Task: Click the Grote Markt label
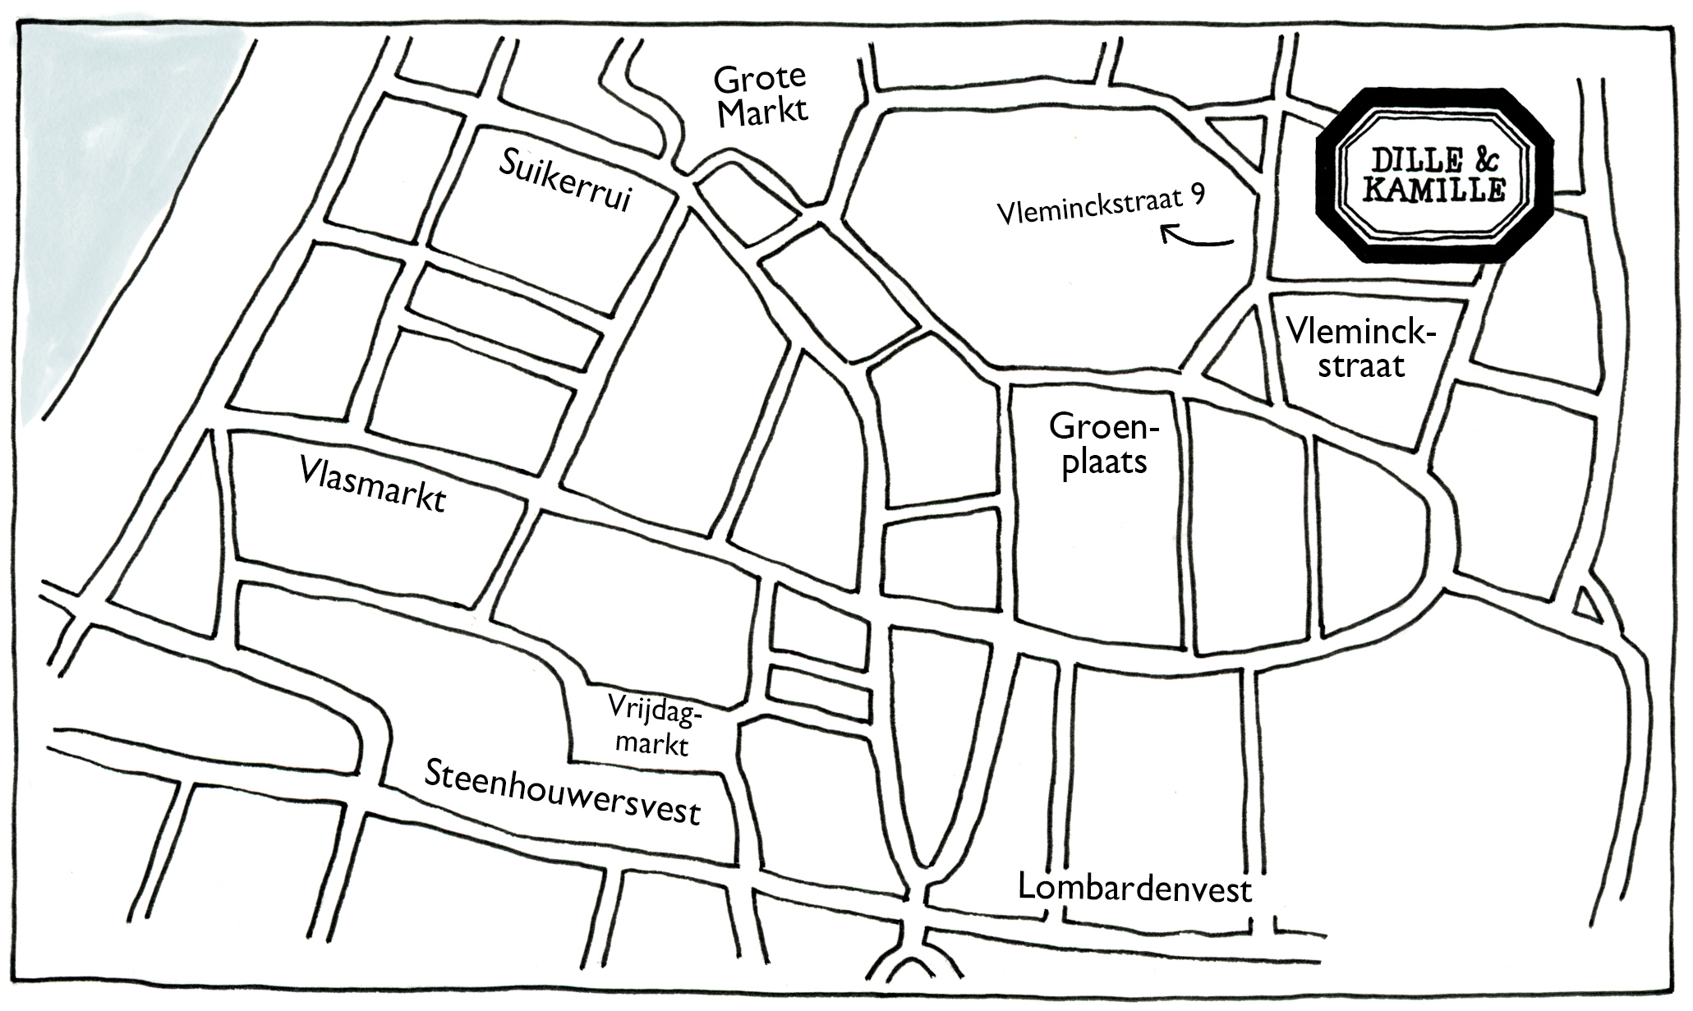coord(760,96)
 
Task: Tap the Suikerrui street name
coord(566,182)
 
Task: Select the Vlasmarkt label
coord(373,485)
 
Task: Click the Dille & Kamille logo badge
coord(1434,175)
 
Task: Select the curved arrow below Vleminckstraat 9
coord(1197,238)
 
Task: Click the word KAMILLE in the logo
coord(1434,191)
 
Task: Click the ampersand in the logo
coord(1481,158)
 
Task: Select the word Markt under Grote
coord(763,113)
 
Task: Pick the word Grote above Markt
coord(760,80)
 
